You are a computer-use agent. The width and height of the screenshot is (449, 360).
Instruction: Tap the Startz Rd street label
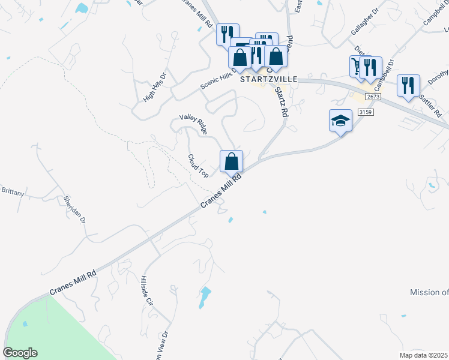pos(281,102)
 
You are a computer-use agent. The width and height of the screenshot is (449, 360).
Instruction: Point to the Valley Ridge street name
pos(193,124)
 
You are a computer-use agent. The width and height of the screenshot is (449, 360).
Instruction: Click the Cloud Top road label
pos(198,166)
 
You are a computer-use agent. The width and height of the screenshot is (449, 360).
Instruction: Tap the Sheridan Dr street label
pos(76,208)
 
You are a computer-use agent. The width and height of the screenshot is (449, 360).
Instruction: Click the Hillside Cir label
pos(147,291)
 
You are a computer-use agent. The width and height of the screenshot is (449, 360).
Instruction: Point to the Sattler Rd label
pos(430,105)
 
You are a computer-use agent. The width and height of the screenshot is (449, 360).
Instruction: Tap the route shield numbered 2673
pos(373,97)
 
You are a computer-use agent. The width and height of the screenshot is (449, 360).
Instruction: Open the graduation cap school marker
pos(340,121)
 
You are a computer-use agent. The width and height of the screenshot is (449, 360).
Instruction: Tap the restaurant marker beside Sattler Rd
pos(408,85)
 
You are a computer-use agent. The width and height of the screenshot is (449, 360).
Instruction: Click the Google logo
pos(20,353)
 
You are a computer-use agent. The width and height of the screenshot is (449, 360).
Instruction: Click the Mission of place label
pos(429,292)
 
